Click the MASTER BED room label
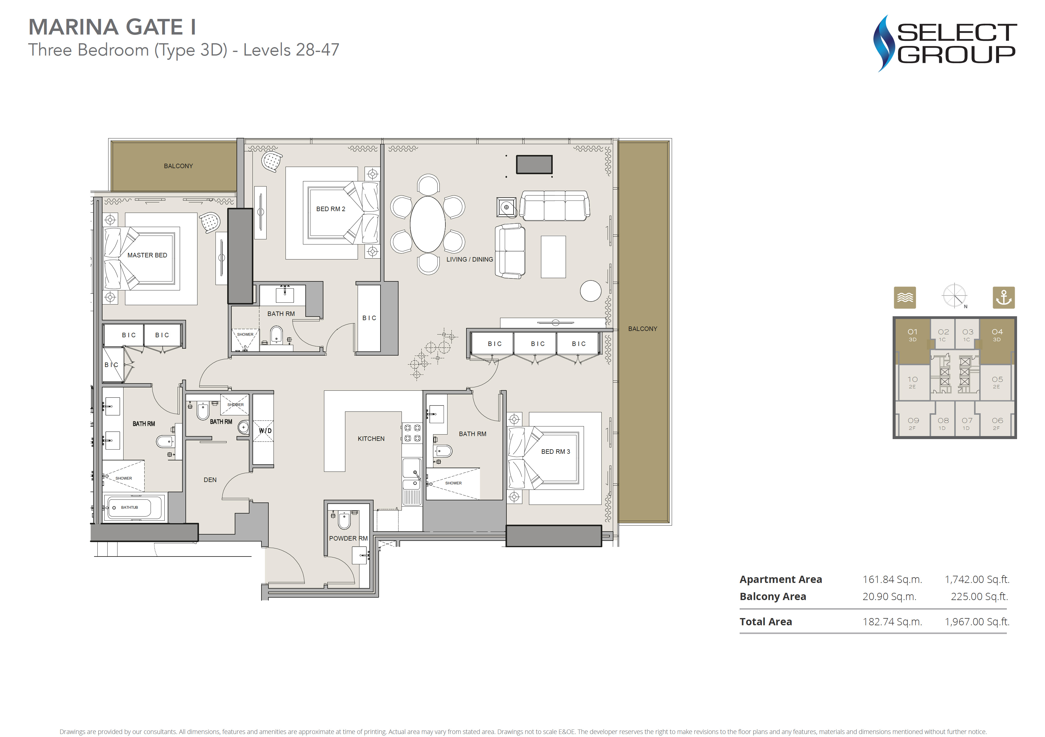pos(147,255)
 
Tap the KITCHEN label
pos(371,438)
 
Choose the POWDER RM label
pos(348,538)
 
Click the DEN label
pos(210,480)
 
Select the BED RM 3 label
pos(555,452)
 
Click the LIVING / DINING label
pos(470,259)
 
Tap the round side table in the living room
pos(590,291)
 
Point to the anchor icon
pos(1004,298)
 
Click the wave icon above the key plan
pos(905,298)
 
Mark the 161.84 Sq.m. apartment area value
pos(892,580)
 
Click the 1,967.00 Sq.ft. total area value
pos(977,622)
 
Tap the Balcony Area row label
pos(773,596)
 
